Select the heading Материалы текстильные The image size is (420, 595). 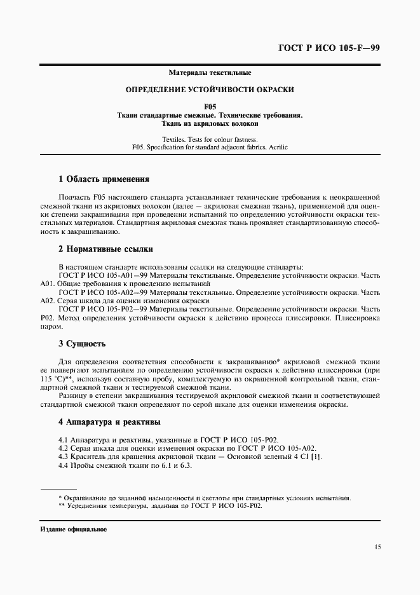(210, 74)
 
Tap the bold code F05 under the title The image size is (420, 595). (210, 106)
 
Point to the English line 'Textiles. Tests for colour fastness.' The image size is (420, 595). (210, 139)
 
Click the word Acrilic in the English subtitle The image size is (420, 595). (278, 147)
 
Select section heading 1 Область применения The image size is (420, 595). (104, 179)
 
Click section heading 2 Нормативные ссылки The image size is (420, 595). (105, 249)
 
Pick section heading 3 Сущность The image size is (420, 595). (82, 344)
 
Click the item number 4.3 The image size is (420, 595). (63, 457)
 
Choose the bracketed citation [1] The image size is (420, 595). (316, 457)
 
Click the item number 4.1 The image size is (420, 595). (63, 439)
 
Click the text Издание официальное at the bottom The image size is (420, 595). (73, 529)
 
